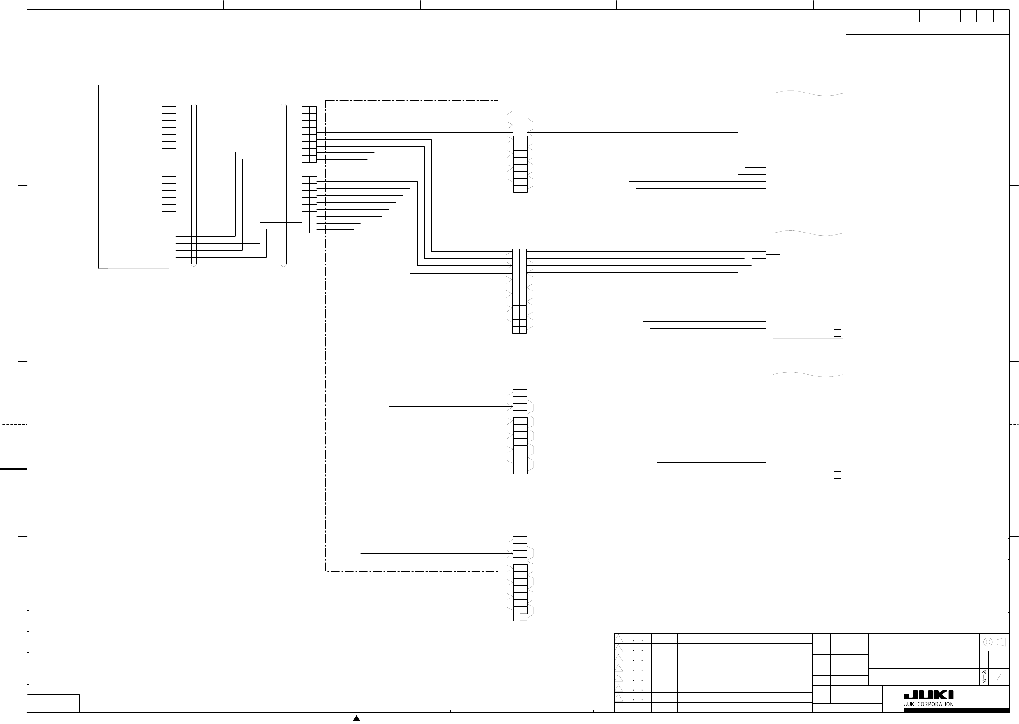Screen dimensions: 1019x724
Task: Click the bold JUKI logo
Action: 929,695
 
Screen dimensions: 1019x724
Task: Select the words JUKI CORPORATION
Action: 929,704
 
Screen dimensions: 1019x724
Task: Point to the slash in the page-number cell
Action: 999,677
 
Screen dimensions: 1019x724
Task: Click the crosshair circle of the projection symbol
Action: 987,642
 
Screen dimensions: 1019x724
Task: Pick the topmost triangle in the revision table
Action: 619,638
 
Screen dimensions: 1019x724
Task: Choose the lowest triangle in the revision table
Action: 619,698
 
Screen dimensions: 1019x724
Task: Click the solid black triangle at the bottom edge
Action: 356,718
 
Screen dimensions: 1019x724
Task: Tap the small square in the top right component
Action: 836,193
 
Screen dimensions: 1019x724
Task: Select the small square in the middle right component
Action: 837,333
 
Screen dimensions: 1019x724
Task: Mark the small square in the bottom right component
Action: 837,475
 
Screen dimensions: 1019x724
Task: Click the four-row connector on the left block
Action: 169,247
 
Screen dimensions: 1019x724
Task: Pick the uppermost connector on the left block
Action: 169,128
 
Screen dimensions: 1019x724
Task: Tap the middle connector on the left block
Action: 169,197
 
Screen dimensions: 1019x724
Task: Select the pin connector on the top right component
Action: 773,150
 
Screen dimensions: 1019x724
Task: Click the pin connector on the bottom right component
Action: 773,431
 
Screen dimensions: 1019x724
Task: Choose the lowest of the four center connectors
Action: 520,579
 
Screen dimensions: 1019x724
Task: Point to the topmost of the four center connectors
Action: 520,150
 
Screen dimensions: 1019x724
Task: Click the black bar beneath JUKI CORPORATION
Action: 956,710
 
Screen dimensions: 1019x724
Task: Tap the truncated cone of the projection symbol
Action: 1002,642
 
